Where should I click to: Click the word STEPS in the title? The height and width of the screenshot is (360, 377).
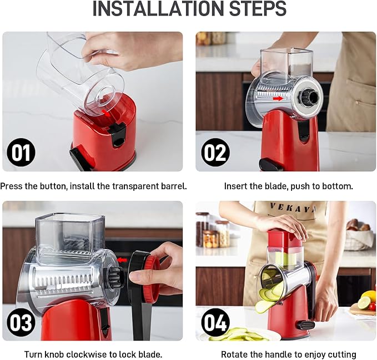tap(255, 9)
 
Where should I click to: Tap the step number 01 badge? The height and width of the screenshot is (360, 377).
tap(21, 153)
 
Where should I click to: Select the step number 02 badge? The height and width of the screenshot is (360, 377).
tap(215, 153)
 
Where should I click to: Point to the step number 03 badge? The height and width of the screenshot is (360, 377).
tap(21, 322)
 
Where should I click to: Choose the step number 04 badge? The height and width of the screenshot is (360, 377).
tap(215, 322)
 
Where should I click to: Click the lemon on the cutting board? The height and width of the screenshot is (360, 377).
tap(369, 296)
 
